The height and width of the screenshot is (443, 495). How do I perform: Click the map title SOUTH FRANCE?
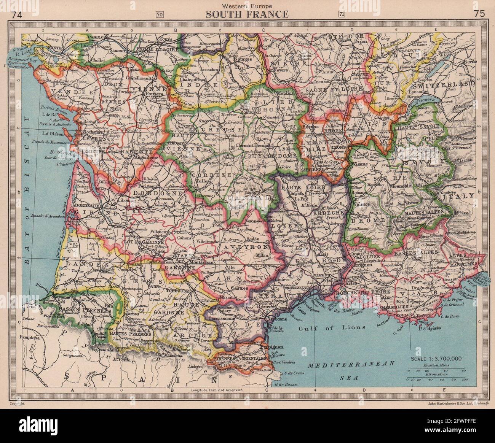coord(247,15)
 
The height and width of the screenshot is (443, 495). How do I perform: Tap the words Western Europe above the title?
coord(247,6)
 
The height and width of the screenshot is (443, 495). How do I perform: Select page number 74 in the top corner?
coord(17,15)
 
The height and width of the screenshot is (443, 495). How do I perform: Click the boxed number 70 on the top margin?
coord(160,15)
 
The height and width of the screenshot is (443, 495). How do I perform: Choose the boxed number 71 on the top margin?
coord(342,15)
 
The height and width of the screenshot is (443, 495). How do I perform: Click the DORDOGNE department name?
coord(151,193)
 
